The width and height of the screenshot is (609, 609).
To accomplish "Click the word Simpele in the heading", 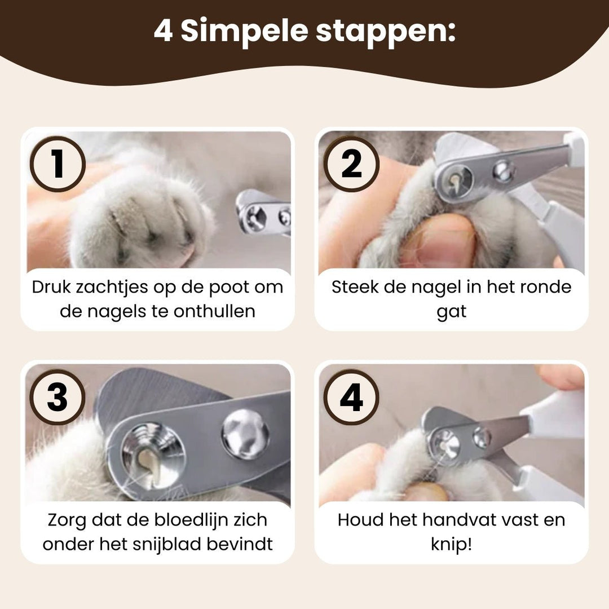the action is tap(244, 31).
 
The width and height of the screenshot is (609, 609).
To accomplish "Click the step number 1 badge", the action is tap(58, 164).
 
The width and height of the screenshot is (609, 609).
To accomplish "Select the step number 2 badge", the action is tap(351, 164).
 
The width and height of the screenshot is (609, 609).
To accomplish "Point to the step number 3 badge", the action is tap(58, 397).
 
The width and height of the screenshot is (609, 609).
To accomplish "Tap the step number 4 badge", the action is tap(351, 397).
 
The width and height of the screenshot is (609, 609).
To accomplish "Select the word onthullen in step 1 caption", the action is tap(214, 311).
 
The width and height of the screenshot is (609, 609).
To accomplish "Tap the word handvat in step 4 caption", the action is tap(434, 520).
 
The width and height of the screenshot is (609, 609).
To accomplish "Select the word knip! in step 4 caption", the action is tap(451, 545).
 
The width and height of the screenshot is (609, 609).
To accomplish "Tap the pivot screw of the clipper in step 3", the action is tap(245, 434).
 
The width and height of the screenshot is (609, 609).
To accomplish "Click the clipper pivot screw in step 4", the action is tap(482, 437).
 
